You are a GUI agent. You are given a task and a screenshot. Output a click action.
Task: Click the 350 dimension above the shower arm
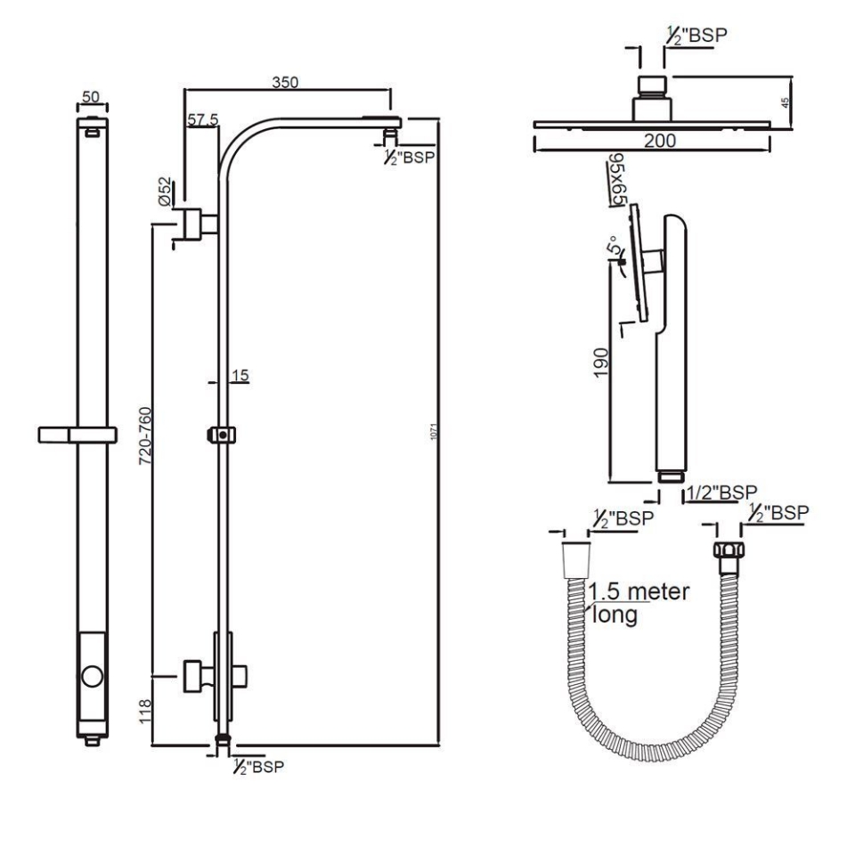tap(285, 82)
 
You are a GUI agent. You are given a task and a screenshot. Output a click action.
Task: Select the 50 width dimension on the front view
tap(92, 96)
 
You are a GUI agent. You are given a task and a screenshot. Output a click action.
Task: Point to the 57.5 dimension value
tap(202, 120)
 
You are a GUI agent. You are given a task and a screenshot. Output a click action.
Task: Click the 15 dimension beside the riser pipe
tap(239, 376)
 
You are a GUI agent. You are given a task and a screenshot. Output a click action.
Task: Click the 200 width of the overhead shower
tap(660, 141)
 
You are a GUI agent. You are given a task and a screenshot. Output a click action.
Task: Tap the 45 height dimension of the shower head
tap(785, 102)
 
